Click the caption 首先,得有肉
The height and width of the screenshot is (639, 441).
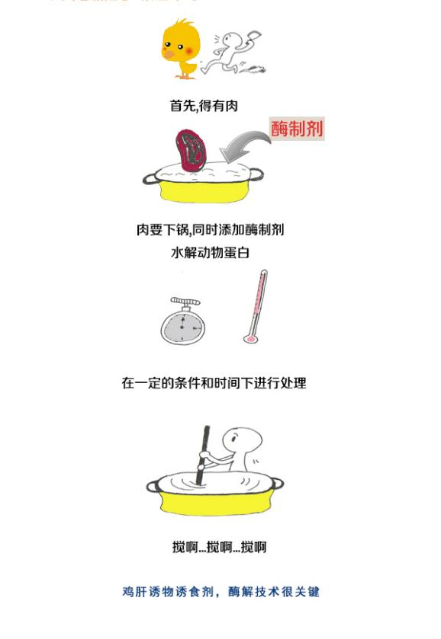click(x=204, y=106)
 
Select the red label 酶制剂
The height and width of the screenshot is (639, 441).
click(x=297, y=128)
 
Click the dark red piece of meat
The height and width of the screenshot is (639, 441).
click(x=190, y=149)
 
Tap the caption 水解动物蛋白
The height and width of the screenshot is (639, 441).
click(x=210, y=252)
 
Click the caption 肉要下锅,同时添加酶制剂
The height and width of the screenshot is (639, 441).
click(x=210, y=230)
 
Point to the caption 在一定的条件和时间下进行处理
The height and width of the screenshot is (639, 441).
click(x=214, y=383)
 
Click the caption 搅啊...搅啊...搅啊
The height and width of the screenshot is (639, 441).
click(x=219, y=547)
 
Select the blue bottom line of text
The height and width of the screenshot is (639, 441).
click(x=220, y=592)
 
